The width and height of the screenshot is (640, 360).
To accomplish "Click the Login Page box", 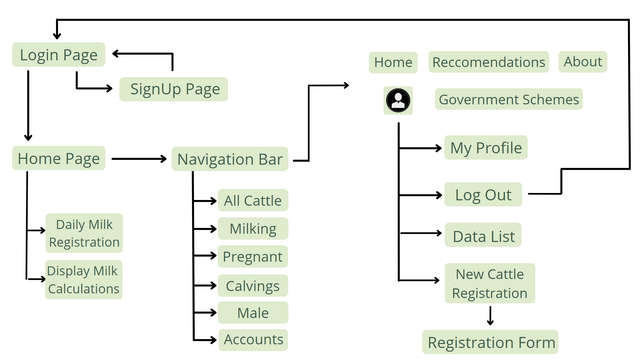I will (59, 55).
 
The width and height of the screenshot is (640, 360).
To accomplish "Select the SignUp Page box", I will (174, 89).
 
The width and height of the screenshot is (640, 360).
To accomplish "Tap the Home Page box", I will (58, 158).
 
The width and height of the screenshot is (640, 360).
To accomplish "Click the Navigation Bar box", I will (230, 159).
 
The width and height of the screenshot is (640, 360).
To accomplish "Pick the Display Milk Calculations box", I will (83, 280).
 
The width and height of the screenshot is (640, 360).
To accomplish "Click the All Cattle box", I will (253, 201).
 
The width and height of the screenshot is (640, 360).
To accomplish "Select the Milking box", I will (253, 229).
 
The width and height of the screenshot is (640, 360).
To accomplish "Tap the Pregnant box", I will (253, 257).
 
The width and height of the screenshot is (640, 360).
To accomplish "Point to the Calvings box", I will (253, 285).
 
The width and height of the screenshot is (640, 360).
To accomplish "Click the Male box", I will (253, 313).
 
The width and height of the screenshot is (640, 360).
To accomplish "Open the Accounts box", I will (253, 340).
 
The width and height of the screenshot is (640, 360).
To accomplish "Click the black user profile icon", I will (398, 100).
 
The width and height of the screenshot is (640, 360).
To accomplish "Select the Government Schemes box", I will (508, 99).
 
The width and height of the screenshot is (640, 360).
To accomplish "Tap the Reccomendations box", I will (488, 62).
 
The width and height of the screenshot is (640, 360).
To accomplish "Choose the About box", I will (582, 62).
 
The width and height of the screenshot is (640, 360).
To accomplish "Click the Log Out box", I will (483, 195).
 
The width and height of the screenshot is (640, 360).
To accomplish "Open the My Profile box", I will (485, 148).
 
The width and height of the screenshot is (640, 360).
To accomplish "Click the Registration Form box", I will (490, 342).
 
